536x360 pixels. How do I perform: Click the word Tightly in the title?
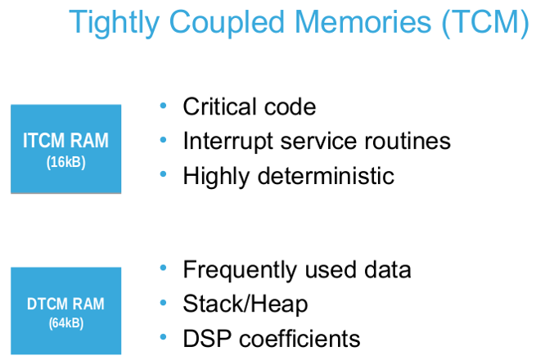pos(115,23)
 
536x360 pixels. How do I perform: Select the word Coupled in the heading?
pos(227,23)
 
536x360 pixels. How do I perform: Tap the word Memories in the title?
pos(363,21)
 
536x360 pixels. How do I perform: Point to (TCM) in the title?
pos(485,23)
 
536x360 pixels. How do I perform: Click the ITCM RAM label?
pos(65,140)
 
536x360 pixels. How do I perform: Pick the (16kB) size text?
pos(66,162)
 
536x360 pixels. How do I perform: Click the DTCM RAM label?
pos(65,304)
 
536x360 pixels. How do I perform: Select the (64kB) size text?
pos(66,322)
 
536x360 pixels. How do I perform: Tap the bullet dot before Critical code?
pos(163,106)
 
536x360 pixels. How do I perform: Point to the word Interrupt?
pos(228,142)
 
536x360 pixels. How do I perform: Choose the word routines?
pos(408,141)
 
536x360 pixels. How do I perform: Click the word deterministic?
pos(326,176)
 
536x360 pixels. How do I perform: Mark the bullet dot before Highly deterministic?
pos(163,174)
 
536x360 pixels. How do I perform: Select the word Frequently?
pos(240,270)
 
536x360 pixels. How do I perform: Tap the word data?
pos(388,270)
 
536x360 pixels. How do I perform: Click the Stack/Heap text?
pos(245,304)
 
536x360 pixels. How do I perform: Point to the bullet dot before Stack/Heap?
pos(163,303)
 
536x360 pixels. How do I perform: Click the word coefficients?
pos(300,339)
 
